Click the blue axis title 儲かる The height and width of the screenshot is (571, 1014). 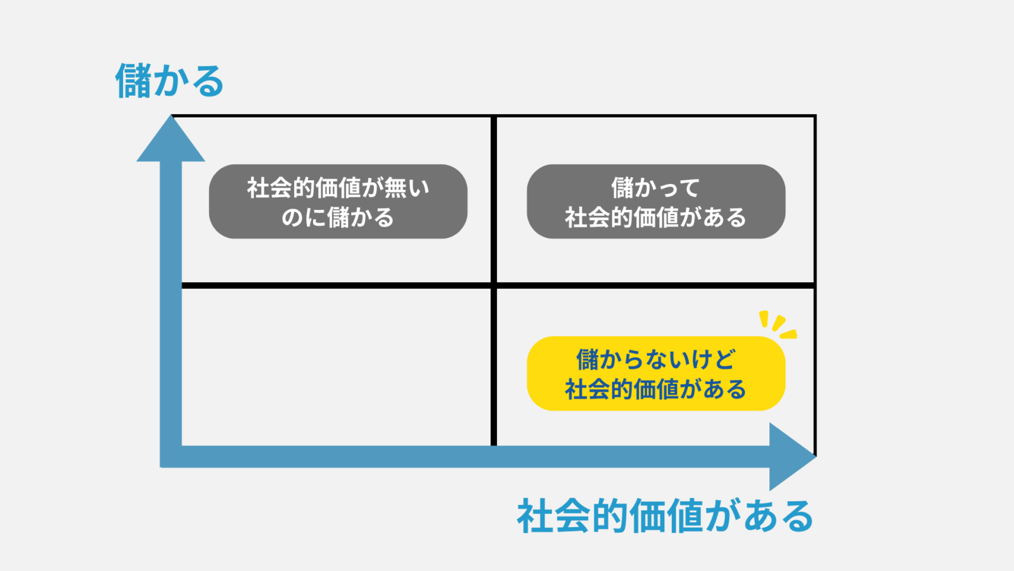(169, 81)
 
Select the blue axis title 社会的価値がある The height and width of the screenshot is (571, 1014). (665, 516)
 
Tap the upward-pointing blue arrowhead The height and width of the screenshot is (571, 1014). (171, 141)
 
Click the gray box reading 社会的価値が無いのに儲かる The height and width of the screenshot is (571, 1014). (338, 202)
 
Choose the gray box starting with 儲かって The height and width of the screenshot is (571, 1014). (656, 202)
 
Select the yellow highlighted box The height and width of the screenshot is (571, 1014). (656, 374)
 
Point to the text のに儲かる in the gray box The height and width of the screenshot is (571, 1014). (338, 218)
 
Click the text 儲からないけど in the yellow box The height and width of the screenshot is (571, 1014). (656, 360)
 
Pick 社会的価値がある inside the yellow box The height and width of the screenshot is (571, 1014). (656, 389)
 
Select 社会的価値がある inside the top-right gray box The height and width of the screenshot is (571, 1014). (656, 218)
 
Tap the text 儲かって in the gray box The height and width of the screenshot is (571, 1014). (656, 188)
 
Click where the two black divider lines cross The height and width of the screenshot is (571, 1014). (494, 285)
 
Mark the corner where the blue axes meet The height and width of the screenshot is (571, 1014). (171, 457)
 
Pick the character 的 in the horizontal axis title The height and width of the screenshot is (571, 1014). (609, 516)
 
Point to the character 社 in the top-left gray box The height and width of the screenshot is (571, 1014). (258, 188)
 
